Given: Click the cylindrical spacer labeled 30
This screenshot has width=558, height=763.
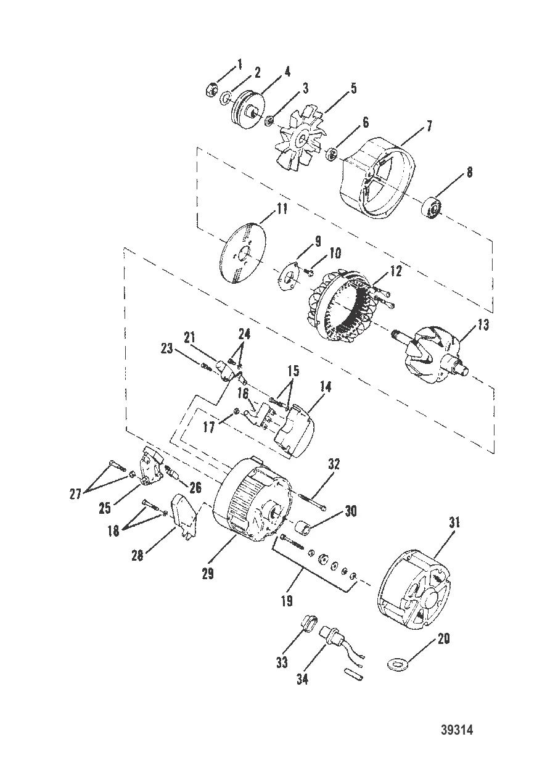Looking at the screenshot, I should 304,529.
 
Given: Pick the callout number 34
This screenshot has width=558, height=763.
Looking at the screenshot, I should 303,680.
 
